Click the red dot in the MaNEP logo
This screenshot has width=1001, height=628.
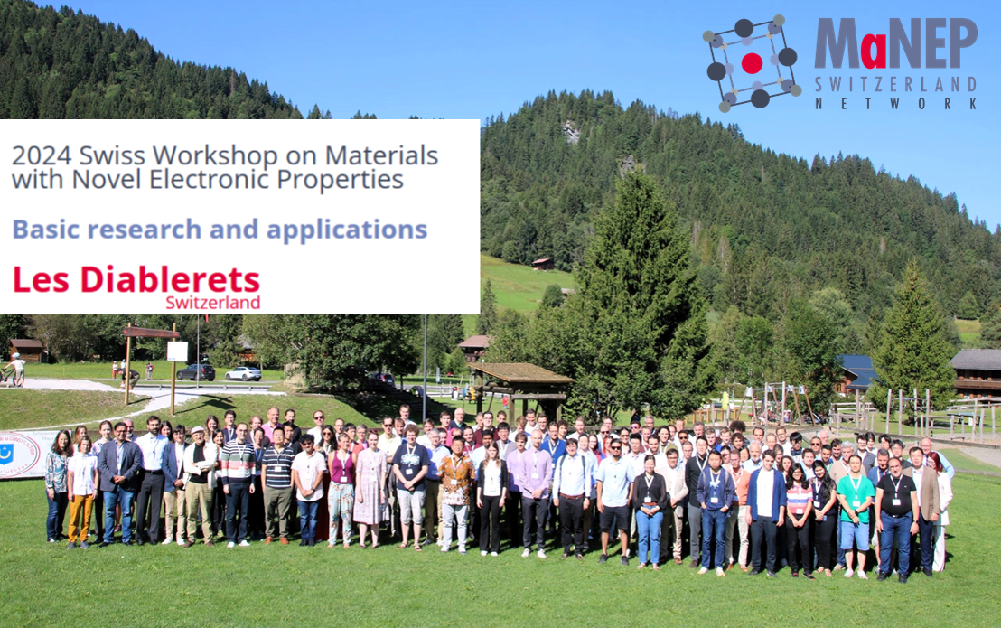(752, 63)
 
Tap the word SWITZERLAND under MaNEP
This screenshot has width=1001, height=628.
(895, 84)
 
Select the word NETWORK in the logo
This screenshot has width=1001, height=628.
(895, 103)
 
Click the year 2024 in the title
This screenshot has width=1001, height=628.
(42, 155)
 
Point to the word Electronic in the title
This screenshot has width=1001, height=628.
(210, 180)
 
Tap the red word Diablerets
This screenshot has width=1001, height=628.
(170, 279)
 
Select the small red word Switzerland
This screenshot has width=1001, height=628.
(212, 303)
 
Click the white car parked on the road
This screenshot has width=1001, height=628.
(243, 374)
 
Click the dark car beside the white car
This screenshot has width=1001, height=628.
(196, 372)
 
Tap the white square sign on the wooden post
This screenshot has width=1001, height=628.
(177, 351)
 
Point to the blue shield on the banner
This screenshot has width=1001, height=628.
(6, 453)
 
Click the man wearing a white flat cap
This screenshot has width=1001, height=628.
(199, 486)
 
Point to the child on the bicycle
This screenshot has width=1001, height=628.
(14, 370)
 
